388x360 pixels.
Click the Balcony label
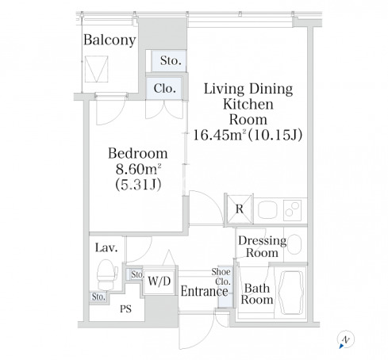pyautogui.click(x=109, y=40)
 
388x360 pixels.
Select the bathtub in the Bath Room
pyautogui.click(x=291, y=293)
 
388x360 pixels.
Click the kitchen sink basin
pyautogui.click(x=267, y=209)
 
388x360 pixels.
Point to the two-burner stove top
pyautogui.click(x=292, y=210)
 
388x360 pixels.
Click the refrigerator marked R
pyautogui.click(x=240, y=209)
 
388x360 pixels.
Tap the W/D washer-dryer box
pyautogui.click(x=159, y=281)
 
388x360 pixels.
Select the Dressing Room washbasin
pyautogui.click(x=294, y=244)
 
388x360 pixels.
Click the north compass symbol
pyautogui.click(x=345, y=339)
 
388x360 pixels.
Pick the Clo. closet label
pyautogui.click(x=165, y=88)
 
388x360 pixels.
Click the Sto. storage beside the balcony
pyautogui.click(x=169, y=61)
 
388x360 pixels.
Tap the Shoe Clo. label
pyautogui.click(x=221, y=277)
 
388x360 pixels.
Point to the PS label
pyautogui.click(x=125, y=308)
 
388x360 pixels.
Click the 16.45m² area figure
pyautogui.click(x=218, y=135)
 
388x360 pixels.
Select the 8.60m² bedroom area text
pyautogui.click(x=138, y=169)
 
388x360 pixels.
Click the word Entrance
pyautogui.click(x=204, y=291)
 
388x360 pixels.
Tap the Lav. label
pyautogui.click(x=106, y=247)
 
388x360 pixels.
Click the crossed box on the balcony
pyautogui.click(x=96, y=69)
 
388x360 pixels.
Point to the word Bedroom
pyautogui.click(x=138, y=153)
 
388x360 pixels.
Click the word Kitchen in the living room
pyautogui.click(x=248, y=104)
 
